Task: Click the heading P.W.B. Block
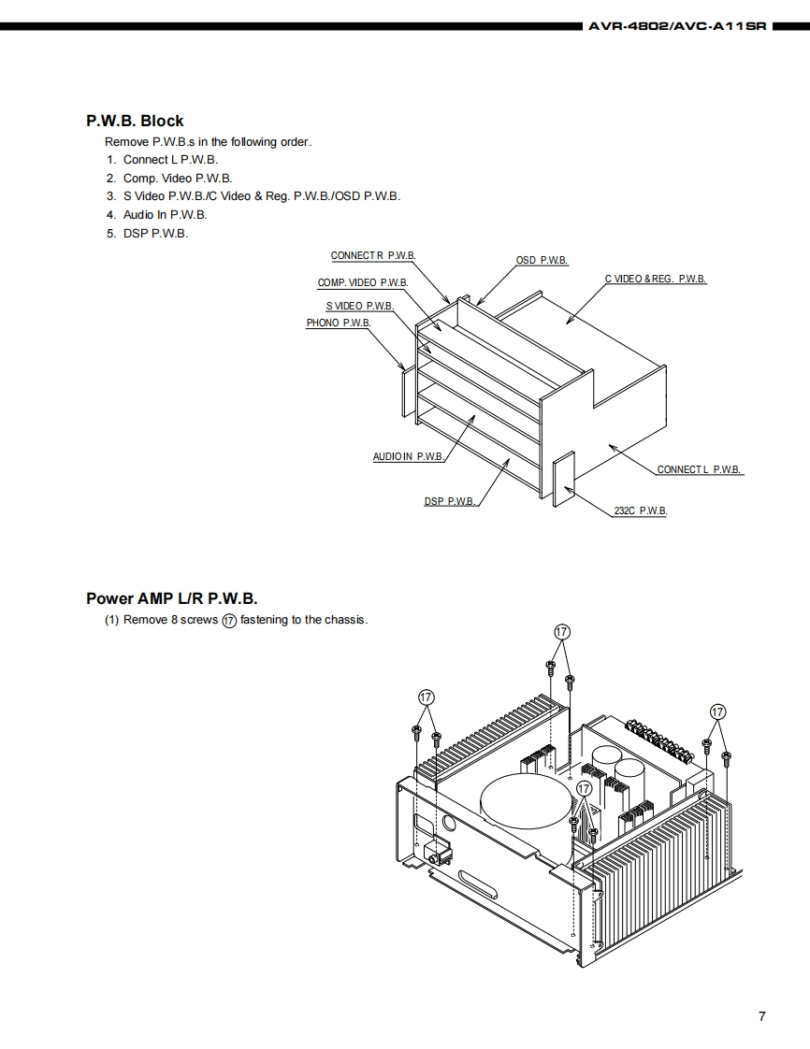pyautogui.click(x=135, y=121)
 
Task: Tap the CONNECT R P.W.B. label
pyautogui.click(x=373, y=256)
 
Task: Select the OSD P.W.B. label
pyautogui.click(x=542, y=260)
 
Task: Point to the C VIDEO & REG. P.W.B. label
pyautogui.click(x=655, y=280)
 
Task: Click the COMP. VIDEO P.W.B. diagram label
pyautogui.click(x=363, y=282)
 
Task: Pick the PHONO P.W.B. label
pyautogui.click(x=339, y=323)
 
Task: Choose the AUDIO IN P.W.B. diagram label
pyautogui.click(x=408, y=457)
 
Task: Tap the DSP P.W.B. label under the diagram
pyautogui.click(x=450, y=502)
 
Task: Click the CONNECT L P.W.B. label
pyautogui.click(x=700, y=469)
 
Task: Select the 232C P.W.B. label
pyautogui.click(x=640, y=511)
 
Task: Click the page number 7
pyautogui.click(x=762, y=1016)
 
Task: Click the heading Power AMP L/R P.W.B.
pyautogui.click(x=171, y=598)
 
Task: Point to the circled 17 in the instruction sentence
pyautogui.click(x=229, y=621)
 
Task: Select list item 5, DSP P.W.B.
pyautogui.click(x=155, y=233)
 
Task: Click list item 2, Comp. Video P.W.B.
pyautogui.click(x=177, y=178)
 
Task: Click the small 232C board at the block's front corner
pyautogui.click(x=563, y=480)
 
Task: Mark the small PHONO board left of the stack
pyautogui.click(x=406, y=391)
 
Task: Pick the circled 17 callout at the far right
pyautogui.click(x=717, y=711)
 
